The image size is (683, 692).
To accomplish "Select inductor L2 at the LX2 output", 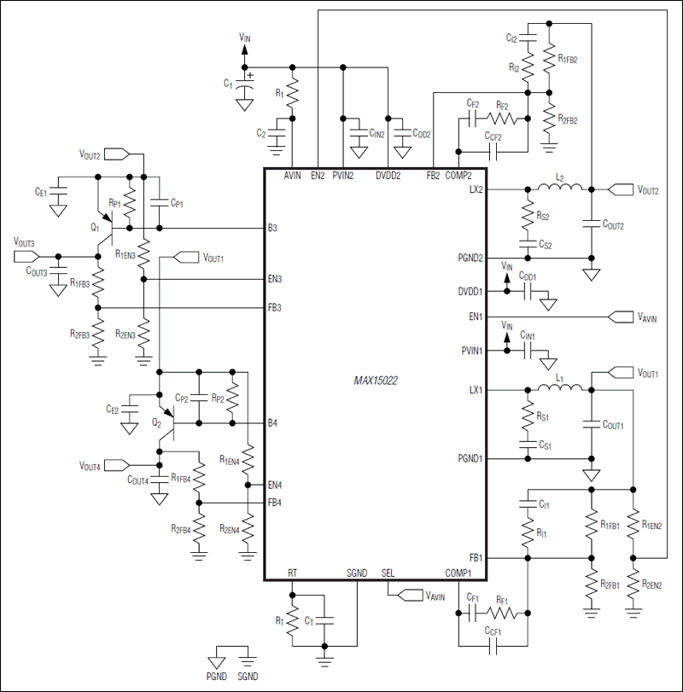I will point(559,189).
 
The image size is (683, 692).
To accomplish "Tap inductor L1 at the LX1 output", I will point(560,390).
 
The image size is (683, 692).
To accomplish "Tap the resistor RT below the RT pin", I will point(293,617).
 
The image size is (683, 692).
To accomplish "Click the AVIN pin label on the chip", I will point(293,175).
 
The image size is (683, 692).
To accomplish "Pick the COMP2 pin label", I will point(458,175).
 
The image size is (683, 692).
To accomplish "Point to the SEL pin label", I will point(389,573).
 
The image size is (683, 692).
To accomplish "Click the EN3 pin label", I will point(275,279).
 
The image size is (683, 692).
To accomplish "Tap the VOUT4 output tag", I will point(100,466).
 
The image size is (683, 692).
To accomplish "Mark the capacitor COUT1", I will point(590,423).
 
